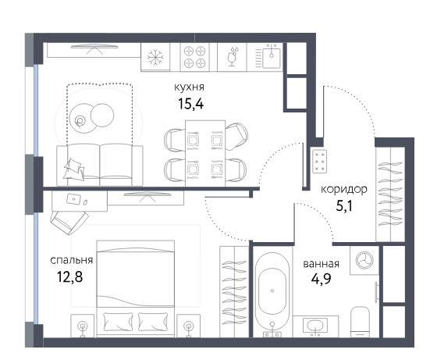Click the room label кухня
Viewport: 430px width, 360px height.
point(189,87)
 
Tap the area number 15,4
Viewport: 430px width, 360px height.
point(191,104)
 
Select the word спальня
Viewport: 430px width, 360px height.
point(72,260)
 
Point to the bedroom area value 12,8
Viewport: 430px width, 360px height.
point(69,276)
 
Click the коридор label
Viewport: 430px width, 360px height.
point(344,189)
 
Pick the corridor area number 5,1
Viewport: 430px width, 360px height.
point(344,206)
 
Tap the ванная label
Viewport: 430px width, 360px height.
point(321,264)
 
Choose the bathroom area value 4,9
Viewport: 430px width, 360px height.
point(321,279)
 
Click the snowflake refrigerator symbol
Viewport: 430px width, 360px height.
point(155,57)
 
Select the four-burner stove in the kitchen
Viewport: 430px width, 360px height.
point(194,57)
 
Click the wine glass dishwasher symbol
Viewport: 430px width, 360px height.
point(233,57)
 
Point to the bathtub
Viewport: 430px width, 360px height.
point(272,290)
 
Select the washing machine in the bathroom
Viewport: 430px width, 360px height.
point(364,259)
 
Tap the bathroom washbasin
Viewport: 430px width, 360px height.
point(315,326)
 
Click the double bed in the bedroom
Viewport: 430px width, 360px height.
point(136,288)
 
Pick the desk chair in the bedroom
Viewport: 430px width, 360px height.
point(69,223)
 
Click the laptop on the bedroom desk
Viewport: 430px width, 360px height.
point(73,198)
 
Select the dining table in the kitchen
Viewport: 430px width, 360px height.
point(205,153)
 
